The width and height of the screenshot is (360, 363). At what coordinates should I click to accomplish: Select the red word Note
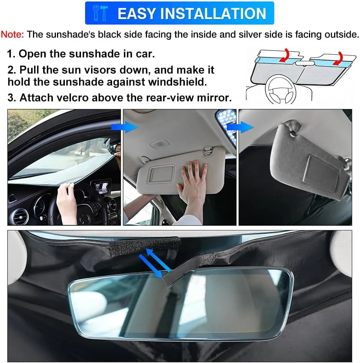(12, 35)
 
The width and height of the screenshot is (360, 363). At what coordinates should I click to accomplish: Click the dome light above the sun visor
(157, 145)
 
